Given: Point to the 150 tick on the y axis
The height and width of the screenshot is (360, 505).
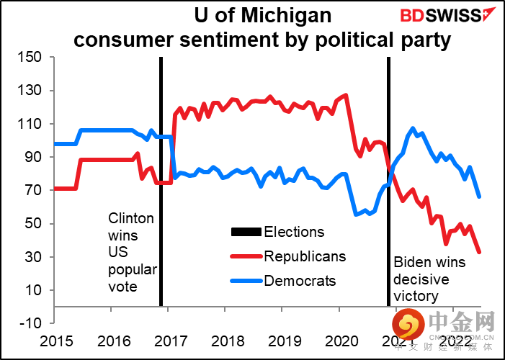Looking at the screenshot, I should [x=32, y=58].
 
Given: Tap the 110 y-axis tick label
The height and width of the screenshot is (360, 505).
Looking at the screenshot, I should [x=32, y=124].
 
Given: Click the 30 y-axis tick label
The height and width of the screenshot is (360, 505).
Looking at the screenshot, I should [x=36, y=257].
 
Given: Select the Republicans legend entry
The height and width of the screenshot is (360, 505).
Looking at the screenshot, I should [x=304, y=256].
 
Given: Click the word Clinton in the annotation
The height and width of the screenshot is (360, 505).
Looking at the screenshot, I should [x=130, y=217].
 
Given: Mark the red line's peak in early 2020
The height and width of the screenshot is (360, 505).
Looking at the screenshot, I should [x=347, y=95].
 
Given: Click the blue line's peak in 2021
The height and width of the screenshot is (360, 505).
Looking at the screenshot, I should [x=413, y=129].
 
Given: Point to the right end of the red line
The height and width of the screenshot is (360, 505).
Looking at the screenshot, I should [x=480, y=251].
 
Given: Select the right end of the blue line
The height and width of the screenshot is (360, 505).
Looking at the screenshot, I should [x=480, y=197].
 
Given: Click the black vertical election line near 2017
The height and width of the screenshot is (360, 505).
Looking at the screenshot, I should [x=160, y=180].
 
